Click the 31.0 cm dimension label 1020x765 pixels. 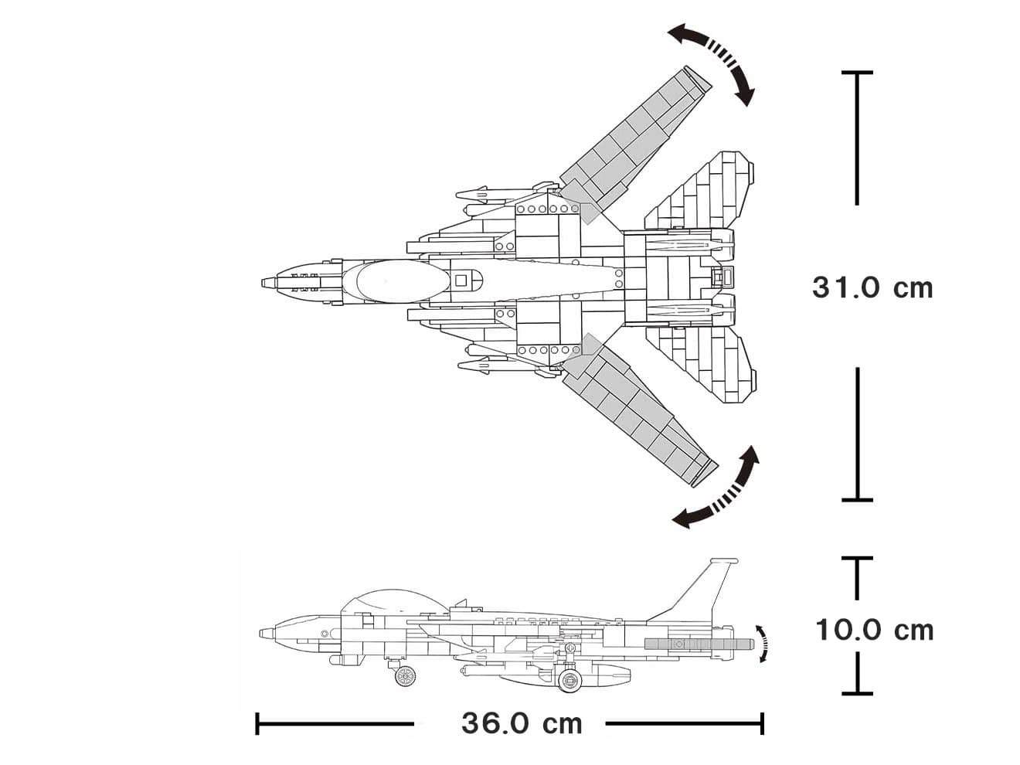tap(872, 287)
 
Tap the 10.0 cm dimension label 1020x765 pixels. tap(874, 630)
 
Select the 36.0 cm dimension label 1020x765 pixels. tap(522, 724)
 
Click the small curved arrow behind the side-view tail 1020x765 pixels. tap(763, 643)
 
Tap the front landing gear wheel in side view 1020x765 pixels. tap(403, 676)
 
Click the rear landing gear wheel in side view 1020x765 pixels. tap(569, 680)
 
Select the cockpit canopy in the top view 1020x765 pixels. tap(394, 280)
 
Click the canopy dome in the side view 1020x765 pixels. tap(386, 601)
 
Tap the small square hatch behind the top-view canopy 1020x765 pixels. tap(461, 280)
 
